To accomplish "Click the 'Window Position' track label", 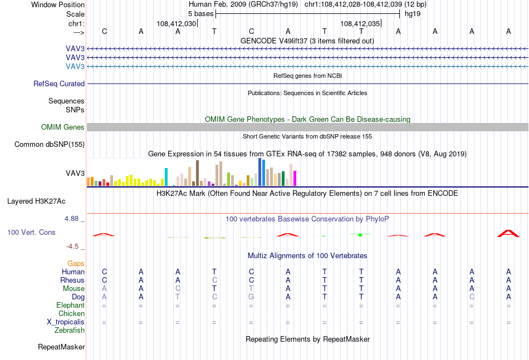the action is click(x=58, y=4).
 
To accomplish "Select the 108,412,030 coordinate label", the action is click(x=176, y=23).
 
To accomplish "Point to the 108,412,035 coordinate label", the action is click(x=360, y=23).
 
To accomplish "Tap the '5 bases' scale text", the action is click(x=200, y=14).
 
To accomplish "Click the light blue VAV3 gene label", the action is click(x=75, y=66).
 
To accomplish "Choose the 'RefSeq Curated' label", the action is click(x=59, y=83).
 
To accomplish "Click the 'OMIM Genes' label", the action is click(x=63, y=127).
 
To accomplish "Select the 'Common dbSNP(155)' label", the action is click(x=50, y=144).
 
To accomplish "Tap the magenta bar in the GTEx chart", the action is click(x=295, y=178).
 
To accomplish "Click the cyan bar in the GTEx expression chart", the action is click(x=166, y=177).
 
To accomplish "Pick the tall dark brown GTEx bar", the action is click(x=197, y=173).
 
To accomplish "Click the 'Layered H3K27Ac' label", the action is click(x=36, y=201).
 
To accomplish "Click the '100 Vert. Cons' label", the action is click(x=31, y=232).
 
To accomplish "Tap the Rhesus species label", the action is click(x=72, y=280).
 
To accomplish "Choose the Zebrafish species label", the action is click(x=70, y=331).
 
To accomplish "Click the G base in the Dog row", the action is click(x=251, y=297).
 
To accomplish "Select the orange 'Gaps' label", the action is click(x=76, y=264).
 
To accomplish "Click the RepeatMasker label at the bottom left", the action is click(x=61, y=347).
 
